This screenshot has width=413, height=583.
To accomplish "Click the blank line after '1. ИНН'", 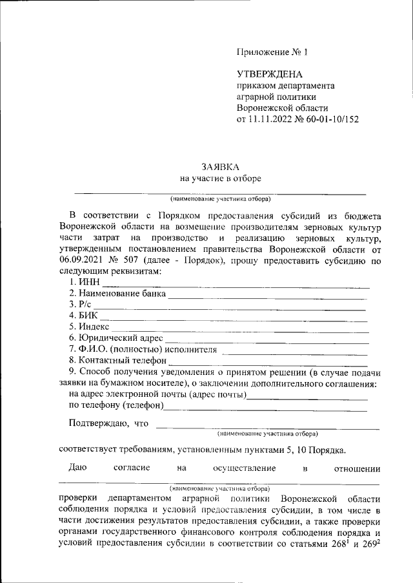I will tap(236, 284).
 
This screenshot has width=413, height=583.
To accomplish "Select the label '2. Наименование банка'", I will tap(117, 294).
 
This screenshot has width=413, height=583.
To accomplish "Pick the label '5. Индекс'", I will tap(89, 327).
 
